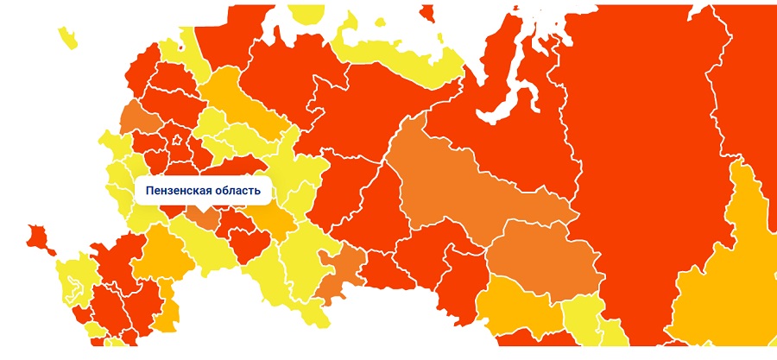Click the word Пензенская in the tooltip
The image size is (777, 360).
176,190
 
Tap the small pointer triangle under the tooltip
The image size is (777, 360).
203,207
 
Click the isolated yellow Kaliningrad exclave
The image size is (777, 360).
67,36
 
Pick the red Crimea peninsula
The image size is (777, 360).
39,237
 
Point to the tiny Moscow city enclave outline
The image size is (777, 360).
177,140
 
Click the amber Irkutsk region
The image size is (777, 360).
730,259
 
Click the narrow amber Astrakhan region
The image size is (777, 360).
168,302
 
